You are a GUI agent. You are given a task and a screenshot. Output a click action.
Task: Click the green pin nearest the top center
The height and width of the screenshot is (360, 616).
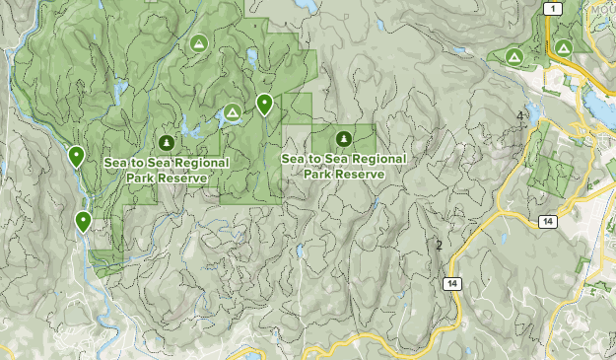[x=264, y=103]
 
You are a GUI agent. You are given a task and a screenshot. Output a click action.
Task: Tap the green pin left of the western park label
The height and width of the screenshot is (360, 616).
[x=76, y=155]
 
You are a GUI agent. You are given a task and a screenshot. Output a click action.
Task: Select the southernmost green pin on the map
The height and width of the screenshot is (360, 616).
[x=84, y=221]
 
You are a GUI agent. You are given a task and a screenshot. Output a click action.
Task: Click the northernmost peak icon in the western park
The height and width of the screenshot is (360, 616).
[x=198, y=43]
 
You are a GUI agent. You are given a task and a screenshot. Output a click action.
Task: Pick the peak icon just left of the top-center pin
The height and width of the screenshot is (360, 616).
[x=232, y=113]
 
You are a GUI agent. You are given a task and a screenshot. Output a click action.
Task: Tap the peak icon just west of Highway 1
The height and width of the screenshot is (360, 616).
[x=513, y=58]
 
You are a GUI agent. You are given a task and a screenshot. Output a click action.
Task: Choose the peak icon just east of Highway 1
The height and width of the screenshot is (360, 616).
[x=564, y=46]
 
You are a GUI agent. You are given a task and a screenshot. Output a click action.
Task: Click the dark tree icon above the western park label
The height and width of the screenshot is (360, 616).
[x=166, y=143]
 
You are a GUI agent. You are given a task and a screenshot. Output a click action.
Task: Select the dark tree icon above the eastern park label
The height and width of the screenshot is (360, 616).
[x=343, y=138]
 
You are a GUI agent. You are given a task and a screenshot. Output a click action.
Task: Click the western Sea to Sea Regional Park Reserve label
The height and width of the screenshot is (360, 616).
[x=166, y=171]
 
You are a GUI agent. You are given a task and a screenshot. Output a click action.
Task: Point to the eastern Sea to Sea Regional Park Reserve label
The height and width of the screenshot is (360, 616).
[x=343, y=166]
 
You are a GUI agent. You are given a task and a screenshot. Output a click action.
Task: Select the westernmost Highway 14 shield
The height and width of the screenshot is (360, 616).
[x=451, y=284]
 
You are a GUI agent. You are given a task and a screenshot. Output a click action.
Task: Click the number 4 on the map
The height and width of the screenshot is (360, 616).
[x=519, y=116]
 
